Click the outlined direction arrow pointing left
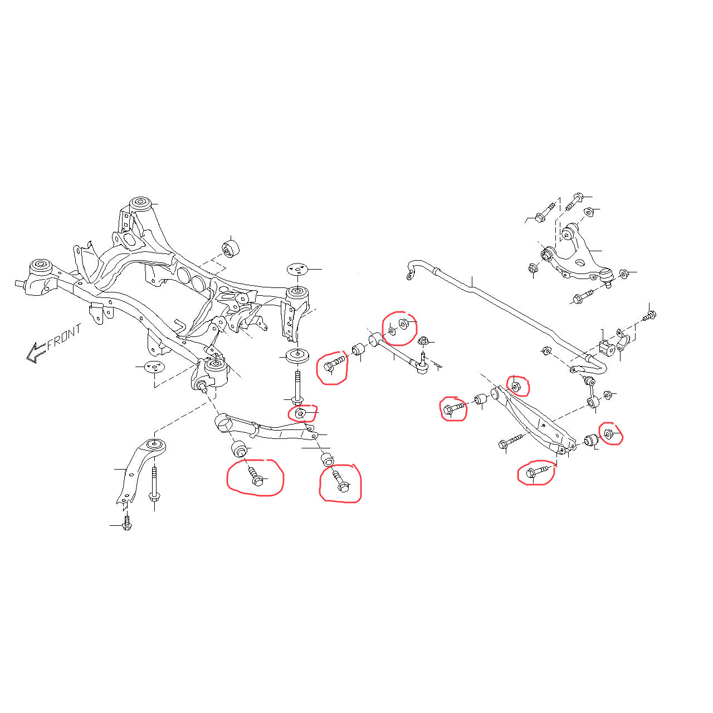pyautogui.click(x=36, y=352)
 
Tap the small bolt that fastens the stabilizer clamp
pyautogui.click(x=649, y=316)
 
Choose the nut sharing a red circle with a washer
pyautogui.click(x=404, y=325)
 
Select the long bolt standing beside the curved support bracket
pyautogui.click(x=154, y=485)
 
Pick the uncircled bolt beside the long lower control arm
pyautogui.click(x=511, y=441)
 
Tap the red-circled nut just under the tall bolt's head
pyautogui.click(x=300, y=412)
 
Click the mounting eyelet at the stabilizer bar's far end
pyautogui.click(x=409, y=275)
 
